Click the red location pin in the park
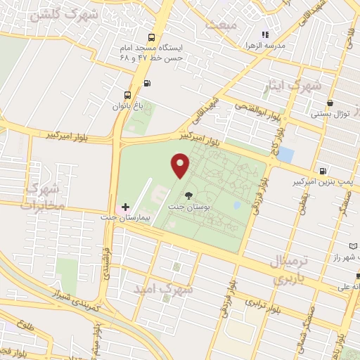point(181,165)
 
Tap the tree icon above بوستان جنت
point(188,195)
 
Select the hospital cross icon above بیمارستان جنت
point(125,207)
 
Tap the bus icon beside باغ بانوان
point(127,96)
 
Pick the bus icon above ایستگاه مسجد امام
point(150,37)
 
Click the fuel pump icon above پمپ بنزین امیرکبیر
point(322,170)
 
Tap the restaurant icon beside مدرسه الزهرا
point(265,34)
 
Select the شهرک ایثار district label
point(296,85)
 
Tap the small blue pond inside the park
point(238,205)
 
